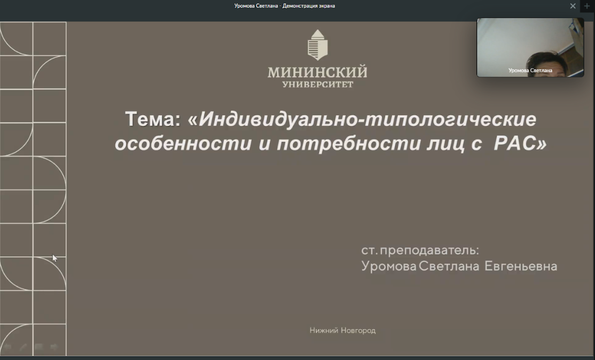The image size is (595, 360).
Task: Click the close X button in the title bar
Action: click(x=573, y=6)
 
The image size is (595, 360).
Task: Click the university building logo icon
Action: click(x=317, y=45)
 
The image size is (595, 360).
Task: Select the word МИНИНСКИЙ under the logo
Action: click(x=317, y=72)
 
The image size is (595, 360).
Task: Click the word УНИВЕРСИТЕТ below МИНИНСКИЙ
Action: click(x=317, y=84)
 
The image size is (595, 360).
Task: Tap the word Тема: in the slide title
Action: click(x=153, y=119)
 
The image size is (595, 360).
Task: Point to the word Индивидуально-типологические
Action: click(x=367, y=119)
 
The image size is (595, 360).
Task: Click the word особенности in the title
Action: click(x=183, y=144)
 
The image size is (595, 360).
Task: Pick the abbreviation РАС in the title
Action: click(x=515, y=143)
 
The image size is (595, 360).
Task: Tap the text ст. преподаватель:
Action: click(x=420, y=250)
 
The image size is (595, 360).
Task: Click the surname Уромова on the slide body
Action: click(x=389, y=266)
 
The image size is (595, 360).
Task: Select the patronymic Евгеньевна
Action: click(x=521, y=266)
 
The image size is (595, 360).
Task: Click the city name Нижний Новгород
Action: click(x=342, y=330)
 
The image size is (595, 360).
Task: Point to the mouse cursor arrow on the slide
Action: click(x=55, y=258)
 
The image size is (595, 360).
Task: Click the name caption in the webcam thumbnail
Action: click(x=530, y=71)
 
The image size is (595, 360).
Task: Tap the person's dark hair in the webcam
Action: click(x=547, y=61)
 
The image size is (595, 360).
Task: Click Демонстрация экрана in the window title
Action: click(x=308, y=6)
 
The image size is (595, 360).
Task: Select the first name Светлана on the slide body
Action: click(x=449, y=266)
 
